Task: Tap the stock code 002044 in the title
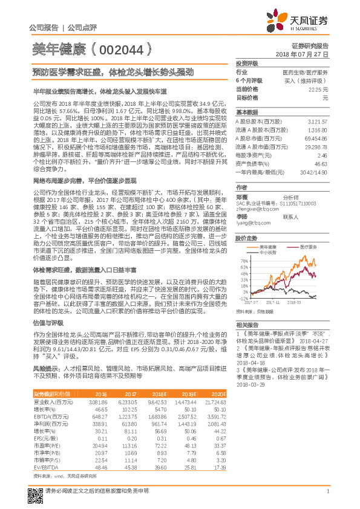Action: [x=117, y=49]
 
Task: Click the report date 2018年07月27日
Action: [x=302, y=54]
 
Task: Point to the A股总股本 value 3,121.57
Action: [x=318, y=122]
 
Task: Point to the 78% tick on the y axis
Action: [x=243, y=258]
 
